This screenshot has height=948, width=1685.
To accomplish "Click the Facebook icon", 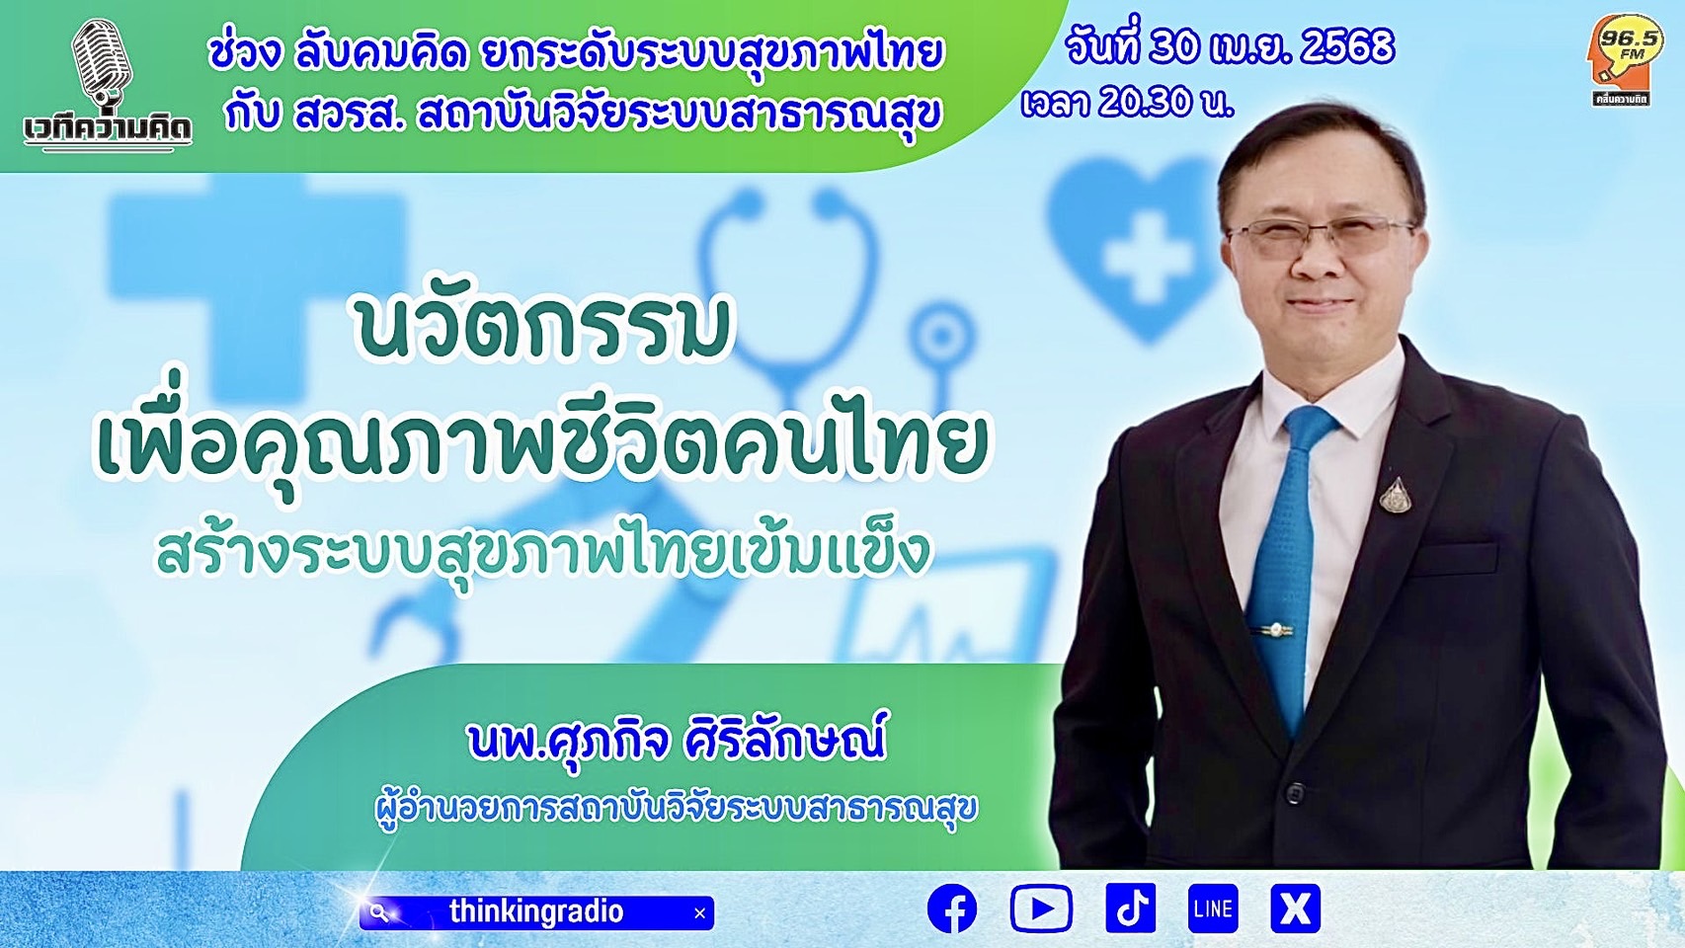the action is tap(951, 908).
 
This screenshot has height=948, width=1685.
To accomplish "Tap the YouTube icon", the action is tap(1041, 908).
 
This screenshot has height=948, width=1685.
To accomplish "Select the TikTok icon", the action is tap(1131, 908).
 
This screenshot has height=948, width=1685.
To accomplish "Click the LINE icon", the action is tap(1213, 908).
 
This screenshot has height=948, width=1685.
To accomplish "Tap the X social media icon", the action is tap(1295, 908).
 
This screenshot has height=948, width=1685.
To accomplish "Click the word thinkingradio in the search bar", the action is tap(536, 911).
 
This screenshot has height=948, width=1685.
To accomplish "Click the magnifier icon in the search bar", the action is tap(380, 913).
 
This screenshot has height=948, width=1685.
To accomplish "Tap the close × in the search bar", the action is tap(699, 913).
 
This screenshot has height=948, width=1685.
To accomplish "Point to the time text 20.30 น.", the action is tap(1165, 102).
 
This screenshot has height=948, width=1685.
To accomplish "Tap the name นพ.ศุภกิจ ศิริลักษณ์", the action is tap(677, 741).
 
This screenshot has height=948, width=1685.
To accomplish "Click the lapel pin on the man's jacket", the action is tap(1396, 495).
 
